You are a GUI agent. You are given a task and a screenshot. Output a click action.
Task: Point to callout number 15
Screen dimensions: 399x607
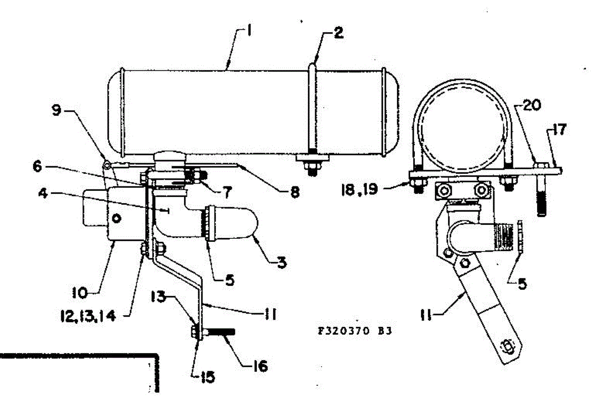206,376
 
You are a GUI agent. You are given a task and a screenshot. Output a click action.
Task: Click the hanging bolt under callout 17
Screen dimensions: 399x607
541,197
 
